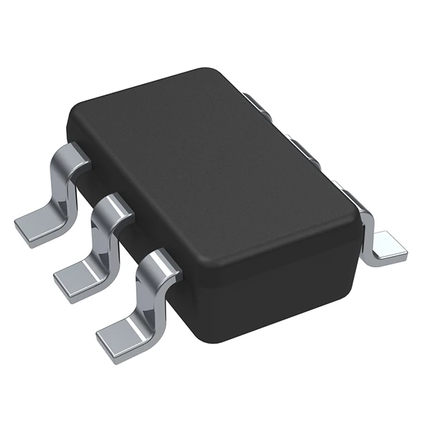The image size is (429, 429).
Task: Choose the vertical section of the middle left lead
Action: click(103, 241)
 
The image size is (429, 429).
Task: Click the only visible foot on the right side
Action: click(387, 246)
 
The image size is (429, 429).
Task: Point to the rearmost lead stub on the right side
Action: click(253, 103)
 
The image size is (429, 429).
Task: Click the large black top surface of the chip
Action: click(214, 168)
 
